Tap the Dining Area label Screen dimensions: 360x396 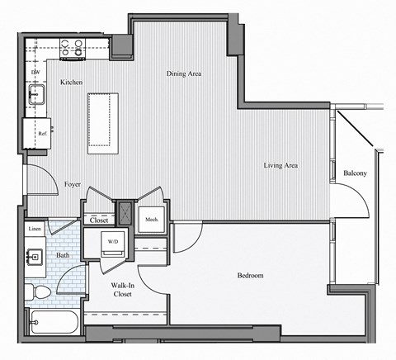tap(184, 74)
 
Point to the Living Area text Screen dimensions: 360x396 tap(280, 166)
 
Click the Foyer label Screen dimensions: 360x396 tap(72, 184)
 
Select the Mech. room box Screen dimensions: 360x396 tap(151, 219)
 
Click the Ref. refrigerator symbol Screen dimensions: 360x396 tap(41, 133)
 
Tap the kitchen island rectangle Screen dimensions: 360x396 tap(103, 122)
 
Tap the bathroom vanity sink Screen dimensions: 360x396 tap(35, 257)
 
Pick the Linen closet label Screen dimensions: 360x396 tap(35, 227)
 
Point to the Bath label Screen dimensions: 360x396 tap(63, 255)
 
